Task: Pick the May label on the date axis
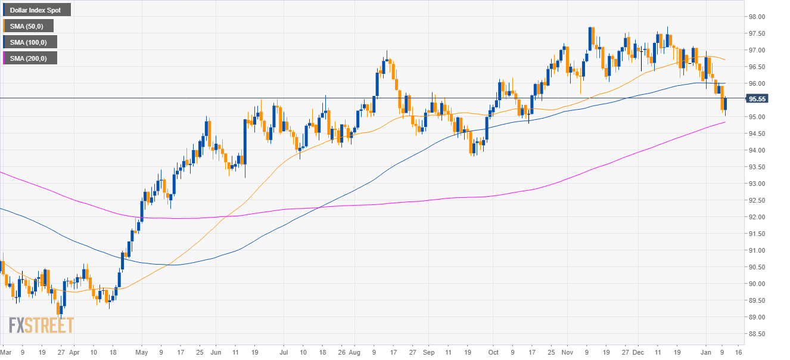point(141,352)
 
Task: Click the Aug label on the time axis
point(354,352)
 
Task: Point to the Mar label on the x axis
point(6,352)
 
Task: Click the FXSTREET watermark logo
point(41,325)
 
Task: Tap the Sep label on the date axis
point(428,352)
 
